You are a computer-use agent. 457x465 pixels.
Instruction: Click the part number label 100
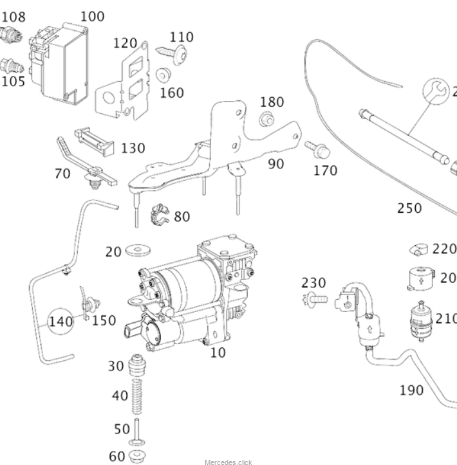[x=92, y=16]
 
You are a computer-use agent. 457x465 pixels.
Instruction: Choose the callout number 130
[x=133, y=148]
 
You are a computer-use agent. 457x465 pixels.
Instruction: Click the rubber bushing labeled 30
[x=135, y=368]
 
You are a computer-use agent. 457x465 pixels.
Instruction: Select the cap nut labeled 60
[x=135, y=456]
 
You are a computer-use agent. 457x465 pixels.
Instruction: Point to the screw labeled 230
[x=314, y=298]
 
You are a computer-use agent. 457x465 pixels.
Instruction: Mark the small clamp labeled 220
[x=419, y=249]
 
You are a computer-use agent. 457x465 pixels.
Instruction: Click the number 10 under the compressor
[x=218, y=352]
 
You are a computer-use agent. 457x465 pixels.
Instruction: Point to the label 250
[x=409, y=208]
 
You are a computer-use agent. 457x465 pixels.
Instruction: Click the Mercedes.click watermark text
[x=228, y=461]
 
